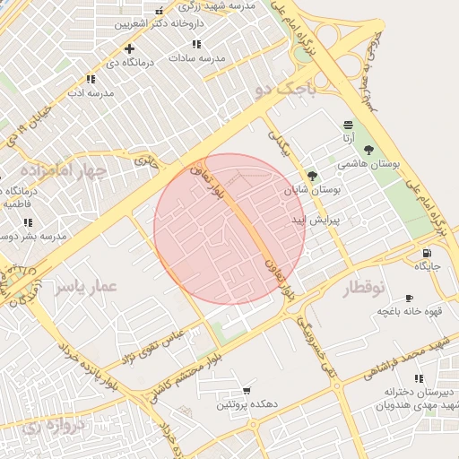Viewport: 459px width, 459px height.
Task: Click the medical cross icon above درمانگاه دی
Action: point(130,48)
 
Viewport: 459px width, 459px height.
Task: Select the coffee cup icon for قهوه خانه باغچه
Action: point(409,298)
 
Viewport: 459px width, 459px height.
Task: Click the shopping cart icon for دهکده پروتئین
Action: point(247,391)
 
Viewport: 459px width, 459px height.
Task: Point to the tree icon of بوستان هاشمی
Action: point(368,150)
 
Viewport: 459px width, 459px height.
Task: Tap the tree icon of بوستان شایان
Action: point(311,176)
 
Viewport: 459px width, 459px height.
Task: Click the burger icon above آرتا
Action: point(347,124)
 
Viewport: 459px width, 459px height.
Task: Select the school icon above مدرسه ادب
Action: point(89,79)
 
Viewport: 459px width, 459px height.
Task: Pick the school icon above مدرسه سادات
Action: point(196,43)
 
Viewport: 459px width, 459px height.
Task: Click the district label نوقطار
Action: point(363,288)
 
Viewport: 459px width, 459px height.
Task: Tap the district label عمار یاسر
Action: point(86,286)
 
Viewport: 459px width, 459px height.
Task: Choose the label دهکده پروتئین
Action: point(247,405)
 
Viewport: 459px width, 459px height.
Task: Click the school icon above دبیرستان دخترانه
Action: point(419,378)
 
